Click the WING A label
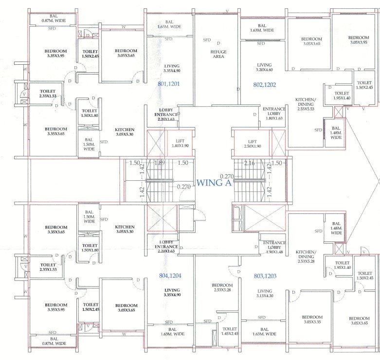click(214, 183)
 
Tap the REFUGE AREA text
click(218, 54)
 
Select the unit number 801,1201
click(169, 84)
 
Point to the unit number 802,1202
click(265, 84)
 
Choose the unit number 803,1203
click(265, 276)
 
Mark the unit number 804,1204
click(170, 276)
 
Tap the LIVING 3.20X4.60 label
click(264, 67)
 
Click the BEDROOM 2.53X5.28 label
click(222, 288)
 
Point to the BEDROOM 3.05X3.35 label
click(312, 320)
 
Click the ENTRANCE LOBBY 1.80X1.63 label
click(274, 114)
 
